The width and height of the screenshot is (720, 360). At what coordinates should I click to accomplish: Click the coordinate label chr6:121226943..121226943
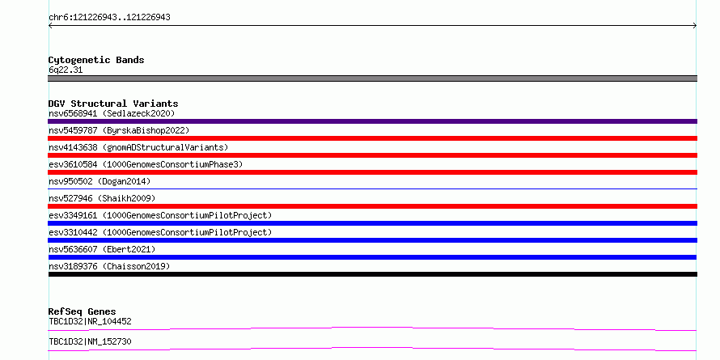pyautogui.click(x=109, y=18)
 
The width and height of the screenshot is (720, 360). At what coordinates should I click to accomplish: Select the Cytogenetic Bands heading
pyautogui.click(x=96, y=60)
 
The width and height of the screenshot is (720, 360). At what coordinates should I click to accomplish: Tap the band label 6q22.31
pyautogui.click(x=66, y=70)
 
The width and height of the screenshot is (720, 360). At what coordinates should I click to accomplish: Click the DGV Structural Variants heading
pyautogui.click(x=113, y=104)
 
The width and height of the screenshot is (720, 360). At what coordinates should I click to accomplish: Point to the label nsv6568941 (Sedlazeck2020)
pyautogui.click(x=112, y=113)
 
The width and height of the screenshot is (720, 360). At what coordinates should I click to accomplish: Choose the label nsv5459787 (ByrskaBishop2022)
pyautogui.click(x=119, y=130)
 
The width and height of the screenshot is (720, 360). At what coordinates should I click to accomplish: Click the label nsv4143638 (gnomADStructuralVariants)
pyautogui.click(x=138, y=147)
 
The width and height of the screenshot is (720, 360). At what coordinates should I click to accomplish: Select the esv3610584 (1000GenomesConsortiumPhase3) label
pyautogui.click(x=146, y=164)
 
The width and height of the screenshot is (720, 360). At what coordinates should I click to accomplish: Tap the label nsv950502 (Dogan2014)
pyautogui.click(x=100, y=181)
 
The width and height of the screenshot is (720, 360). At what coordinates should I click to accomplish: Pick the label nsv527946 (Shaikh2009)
pyautogui.click(x=102, y=198)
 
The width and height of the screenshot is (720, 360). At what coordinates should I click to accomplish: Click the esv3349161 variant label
pyautogui.click(x=160, y=215)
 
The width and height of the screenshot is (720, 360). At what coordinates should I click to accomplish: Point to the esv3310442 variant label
pyautogui.click(x=160, y=232)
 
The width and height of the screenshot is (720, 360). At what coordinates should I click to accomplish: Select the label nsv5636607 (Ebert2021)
pyautogui.click(x=102, y=249)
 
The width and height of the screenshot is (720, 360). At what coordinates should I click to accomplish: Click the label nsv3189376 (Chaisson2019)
pyautogui.click(x=109, y=266)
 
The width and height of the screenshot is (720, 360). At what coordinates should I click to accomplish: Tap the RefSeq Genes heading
pyautogui.click(x=83, y=311)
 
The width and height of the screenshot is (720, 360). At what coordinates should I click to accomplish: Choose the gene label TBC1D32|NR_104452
pyautogui.click(x=90, y=321)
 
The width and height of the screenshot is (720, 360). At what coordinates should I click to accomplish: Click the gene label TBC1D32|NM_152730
pyautogui.click(x=90, y=341)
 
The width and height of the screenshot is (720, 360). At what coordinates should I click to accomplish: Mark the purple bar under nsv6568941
pyautogui.click(x=372, y=121)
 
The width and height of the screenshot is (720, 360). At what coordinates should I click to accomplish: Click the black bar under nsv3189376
pyautogui.click(x=372, y=274)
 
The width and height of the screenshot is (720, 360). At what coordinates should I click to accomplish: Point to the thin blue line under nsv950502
pyautogui.click(x=372, y=188)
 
